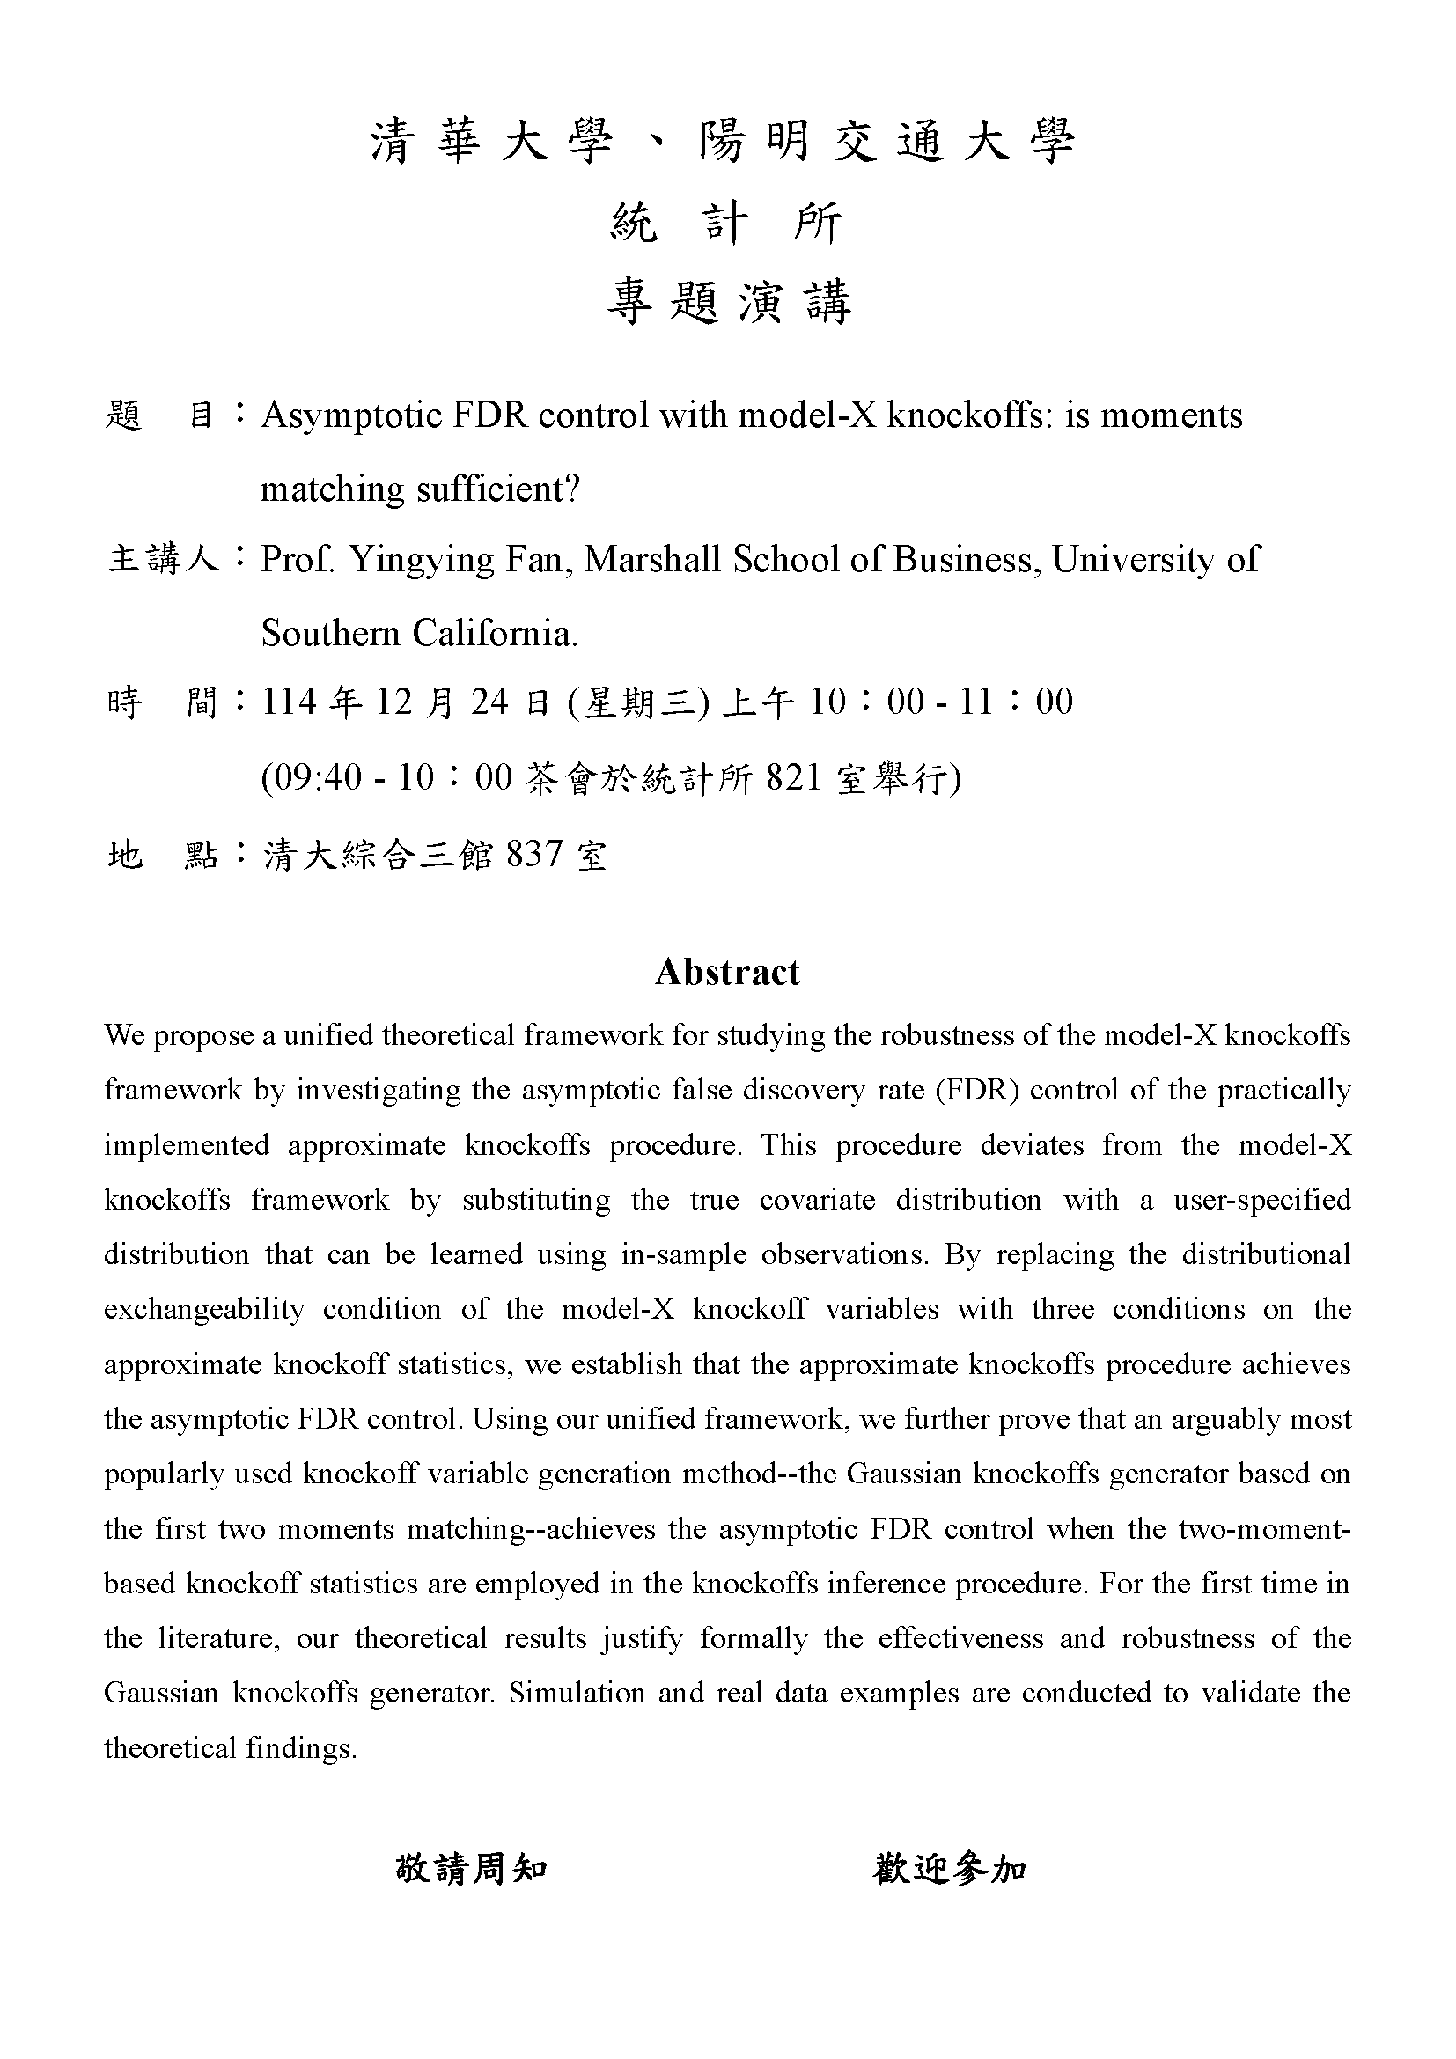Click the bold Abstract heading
pyautogui.click(x=727, y=972)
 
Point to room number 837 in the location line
pyautogui.click(x=534, y=854)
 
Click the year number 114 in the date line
pyautogui.click(x=289, y=702)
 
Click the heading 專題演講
pyautogui.click(x=728, y=301)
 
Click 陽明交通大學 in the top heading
pyautogui.click(x=886, y=142)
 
